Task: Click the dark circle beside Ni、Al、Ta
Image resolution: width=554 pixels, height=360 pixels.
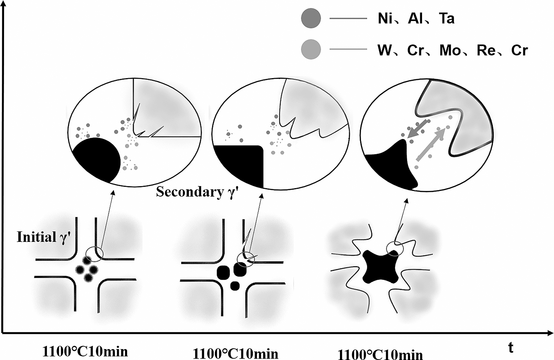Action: [311, 18]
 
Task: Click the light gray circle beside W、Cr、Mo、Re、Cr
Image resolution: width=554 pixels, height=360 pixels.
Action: [311, 50]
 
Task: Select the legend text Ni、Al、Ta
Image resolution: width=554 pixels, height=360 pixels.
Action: [416, 18]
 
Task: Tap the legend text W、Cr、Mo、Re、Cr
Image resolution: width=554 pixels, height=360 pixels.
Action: [452, 50]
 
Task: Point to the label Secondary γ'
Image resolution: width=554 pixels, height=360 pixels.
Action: [197, 192]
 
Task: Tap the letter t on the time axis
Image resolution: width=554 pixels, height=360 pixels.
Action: [511, 348]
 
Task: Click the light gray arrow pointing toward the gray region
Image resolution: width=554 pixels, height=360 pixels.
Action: [431, 145]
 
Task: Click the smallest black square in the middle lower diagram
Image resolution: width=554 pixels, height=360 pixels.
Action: [235, 286]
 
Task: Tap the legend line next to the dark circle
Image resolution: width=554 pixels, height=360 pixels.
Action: [348, 18]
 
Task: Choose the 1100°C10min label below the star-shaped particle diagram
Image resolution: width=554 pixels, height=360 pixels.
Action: [381, 354]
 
